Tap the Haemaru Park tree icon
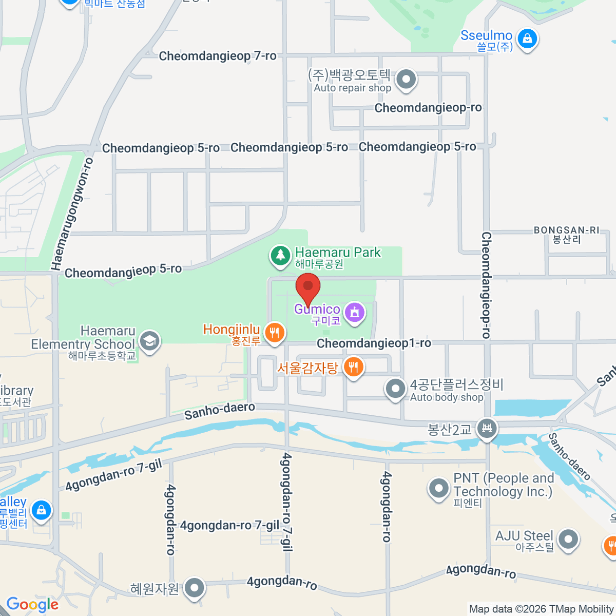click(280, 256)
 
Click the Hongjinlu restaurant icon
click(275, 332)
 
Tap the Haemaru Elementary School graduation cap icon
click(150, 340)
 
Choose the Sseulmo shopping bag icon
click(527, 38)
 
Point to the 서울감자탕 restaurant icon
click(353, 368)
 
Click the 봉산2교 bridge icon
click(487, 428)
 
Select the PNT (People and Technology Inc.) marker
click(439, 489)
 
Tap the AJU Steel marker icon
click(568, 540)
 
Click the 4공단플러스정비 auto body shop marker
click(395, 389)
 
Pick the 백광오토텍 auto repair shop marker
click(406, 80)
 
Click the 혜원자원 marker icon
click(195, 588)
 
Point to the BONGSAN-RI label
click(566, 230)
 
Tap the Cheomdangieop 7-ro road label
click(218, 56)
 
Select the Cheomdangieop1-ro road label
click(374, 343)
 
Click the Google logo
click(32, 605)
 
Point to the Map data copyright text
click(542, 609)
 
